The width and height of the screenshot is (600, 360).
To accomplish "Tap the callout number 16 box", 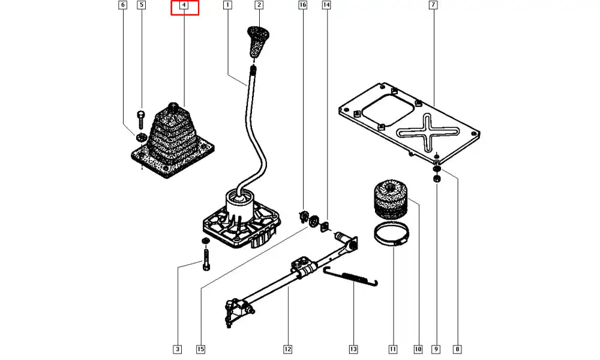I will coord(302,5).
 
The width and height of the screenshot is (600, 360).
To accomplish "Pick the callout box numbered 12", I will coord(287,349).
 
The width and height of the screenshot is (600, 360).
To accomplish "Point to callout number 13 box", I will coord(353,349).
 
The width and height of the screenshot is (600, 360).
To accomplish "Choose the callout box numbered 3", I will coord(177,349).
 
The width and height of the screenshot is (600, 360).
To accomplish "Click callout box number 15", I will coord(200,349).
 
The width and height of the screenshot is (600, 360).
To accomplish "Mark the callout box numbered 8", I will coord(458,349).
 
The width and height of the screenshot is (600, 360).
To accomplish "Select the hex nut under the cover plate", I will coord(437,178).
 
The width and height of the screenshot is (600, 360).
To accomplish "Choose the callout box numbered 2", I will coord(259,5).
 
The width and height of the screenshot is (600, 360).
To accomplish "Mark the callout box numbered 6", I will coord(123,5).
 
